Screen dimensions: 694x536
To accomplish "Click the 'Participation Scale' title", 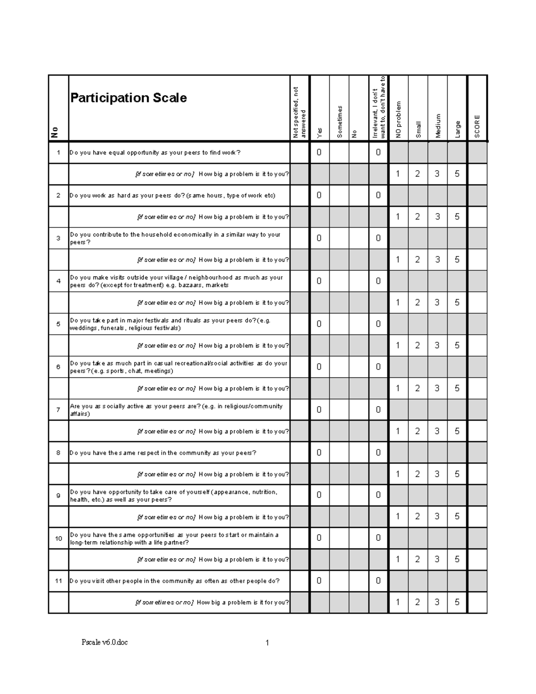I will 129,98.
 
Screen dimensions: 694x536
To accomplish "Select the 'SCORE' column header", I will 477,126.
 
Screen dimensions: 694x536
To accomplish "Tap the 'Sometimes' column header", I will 339,122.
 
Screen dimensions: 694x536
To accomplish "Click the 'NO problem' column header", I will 398,120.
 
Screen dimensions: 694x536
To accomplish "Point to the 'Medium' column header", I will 438,126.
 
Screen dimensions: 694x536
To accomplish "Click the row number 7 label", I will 58,410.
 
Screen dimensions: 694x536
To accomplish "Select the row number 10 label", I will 58,538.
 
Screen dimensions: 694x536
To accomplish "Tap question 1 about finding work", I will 155,153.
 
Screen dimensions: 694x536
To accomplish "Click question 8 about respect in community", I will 163,453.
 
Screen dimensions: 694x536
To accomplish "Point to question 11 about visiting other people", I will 175,581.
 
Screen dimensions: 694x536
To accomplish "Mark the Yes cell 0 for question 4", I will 319,281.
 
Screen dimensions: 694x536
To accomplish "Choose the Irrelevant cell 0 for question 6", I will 378,367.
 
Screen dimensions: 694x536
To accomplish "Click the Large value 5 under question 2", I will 457,217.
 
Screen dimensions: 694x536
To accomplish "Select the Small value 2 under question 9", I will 418,517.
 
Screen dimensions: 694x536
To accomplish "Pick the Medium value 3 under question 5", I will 437,345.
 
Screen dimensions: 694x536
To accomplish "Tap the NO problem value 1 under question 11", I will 398,602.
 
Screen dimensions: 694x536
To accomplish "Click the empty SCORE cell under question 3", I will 477,260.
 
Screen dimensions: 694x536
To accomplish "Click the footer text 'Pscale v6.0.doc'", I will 105,643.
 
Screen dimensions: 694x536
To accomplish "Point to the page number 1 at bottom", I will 267,643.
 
